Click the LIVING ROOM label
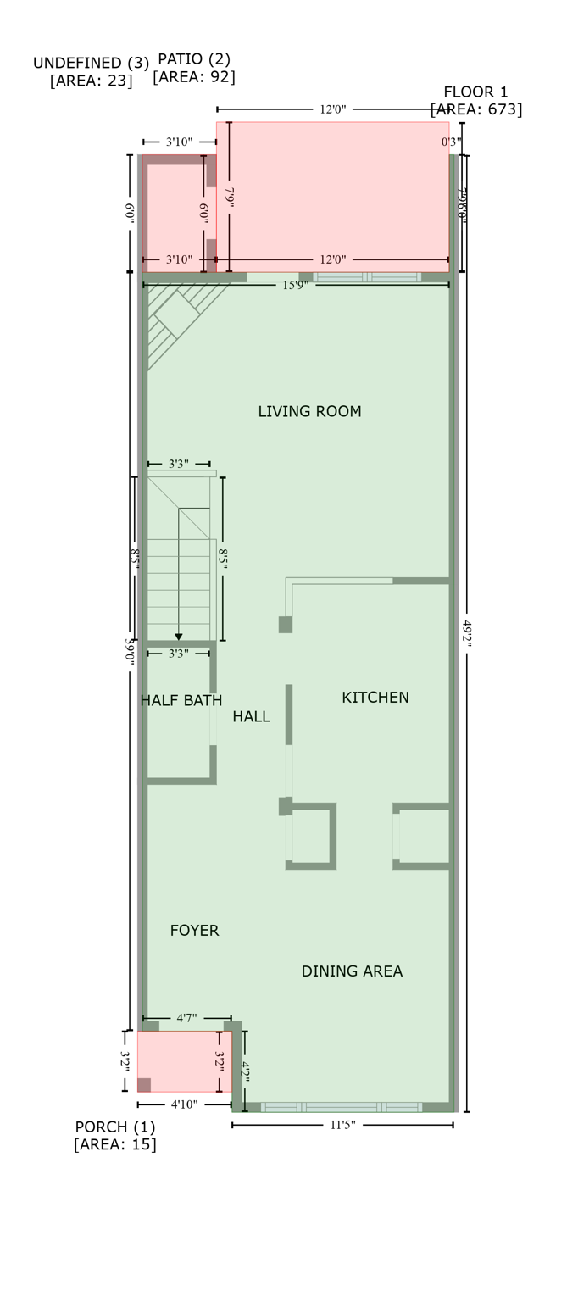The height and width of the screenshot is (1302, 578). point(309,412)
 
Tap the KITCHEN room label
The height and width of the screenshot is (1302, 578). point(375,698)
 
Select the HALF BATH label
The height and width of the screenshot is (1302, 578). point(181,701)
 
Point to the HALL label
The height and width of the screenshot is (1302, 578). point(252,717)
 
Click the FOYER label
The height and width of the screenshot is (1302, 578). point(194,931)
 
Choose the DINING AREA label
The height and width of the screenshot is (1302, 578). point(352,971)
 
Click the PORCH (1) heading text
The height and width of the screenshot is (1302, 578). point(115,1127)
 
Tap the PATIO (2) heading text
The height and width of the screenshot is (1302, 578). point(194,59)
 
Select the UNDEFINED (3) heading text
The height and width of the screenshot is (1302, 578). point(91,64)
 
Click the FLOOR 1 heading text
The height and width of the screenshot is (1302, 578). point(476,92)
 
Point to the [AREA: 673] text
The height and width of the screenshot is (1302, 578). point(476,109)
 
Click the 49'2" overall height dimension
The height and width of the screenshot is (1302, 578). point(466,633)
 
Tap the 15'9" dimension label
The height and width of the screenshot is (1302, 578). point(295,286)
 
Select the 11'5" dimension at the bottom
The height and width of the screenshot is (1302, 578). point(342,1125)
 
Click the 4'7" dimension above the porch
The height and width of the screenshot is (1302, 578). point(187,1018)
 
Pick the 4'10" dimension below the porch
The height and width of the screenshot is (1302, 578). point(185,1104)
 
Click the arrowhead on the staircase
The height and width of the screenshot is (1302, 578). point(179,637)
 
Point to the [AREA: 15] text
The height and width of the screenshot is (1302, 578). point(115,1145)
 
